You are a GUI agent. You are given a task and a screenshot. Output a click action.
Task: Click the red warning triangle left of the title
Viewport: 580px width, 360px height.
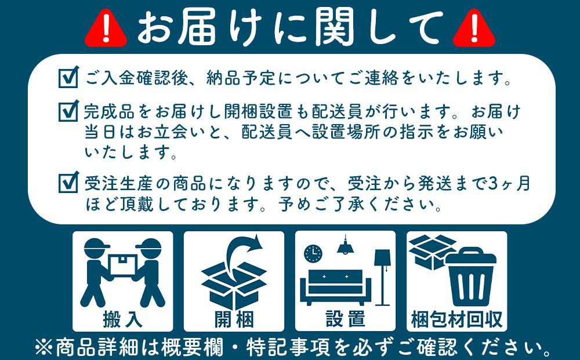coord(106,29)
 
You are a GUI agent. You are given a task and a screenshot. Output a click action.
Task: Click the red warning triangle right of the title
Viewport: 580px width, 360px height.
coord(474,29)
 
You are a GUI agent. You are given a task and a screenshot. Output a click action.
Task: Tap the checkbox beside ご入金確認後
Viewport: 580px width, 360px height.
coord(68,77)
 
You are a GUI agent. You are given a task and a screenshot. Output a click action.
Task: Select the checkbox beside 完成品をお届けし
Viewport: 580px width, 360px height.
coord(68,111)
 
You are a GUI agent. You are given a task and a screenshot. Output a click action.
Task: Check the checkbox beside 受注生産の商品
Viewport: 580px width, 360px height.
coord(68,182)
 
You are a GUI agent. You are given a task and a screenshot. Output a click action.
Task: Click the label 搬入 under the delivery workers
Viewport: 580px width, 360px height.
coord(122,319)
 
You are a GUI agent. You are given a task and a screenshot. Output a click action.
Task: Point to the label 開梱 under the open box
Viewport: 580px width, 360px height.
coord(234,319)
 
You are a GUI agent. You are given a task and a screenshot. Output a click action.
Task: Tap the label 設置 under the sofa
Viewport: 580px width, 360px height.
coord(345,319)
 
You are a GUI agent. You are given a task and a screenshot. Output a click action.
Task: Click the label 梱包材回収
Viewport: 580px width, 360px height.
coord(456,319)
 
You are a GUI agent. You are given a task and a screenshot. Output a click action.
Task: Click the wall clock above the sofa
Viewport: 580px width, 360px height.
coord(313,253)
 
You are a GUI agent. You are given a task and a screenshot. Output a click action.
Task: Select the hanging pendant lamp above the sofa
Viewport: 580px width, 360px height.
coord(346,245)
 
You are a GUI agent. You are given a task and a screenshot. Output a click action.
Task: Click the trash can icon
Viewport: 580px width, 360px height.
coord(470,277)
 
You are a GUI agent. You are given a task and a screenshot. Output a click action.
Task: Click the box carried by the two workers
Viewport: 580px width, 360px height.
coord(123,265)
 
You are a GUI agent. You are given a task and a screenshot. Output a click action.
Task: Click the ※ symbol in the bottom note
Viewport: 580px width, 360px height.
coord(43,347)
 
